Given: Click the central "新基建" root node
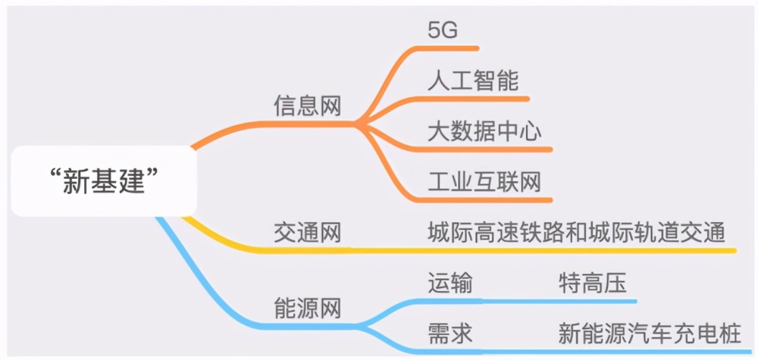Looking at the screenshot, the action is pyautogui.click(x=104, y=181).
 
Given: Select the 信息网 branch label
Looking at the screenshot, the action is pyautogui.click(x=308, y=105).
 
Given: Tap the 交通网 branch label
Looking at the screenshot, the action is pyautogui.click(x=308, y=233).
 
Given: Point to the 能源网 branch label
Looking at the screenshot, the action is pyautogui.click(x=308, y=308).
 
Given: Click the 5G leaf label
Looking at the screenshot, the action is pyautogui.click(x=443, y=31).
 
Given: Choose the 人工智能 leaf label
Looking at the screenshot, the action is pyautogui.click(x=473, y=80).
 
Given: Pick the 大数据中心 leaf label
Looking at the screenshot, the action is pyautogui.click(x=484, y=131).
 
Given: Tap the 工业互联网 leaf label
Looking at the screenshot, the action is pyautogui.click(x=484, y=182).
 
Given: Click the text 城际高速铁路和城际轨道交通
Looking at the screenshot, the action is pyautogui.click(x=577, y=233).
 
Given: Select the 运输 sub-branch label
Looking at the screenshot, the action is pyautogui.click(x=450, y=283).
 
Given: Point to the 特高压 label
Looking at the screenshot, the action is pyautogui.click(x=593, y=283).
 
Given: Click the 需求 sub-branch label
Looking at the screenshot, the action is pyautogui.click(x=450, y=333).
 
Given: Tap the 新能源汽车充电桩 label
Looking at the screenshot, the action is pyautogui.click(x=650, y=333).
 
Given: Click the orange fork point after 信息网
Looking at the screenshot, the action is pyautogui.click(x=357, y=124).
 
